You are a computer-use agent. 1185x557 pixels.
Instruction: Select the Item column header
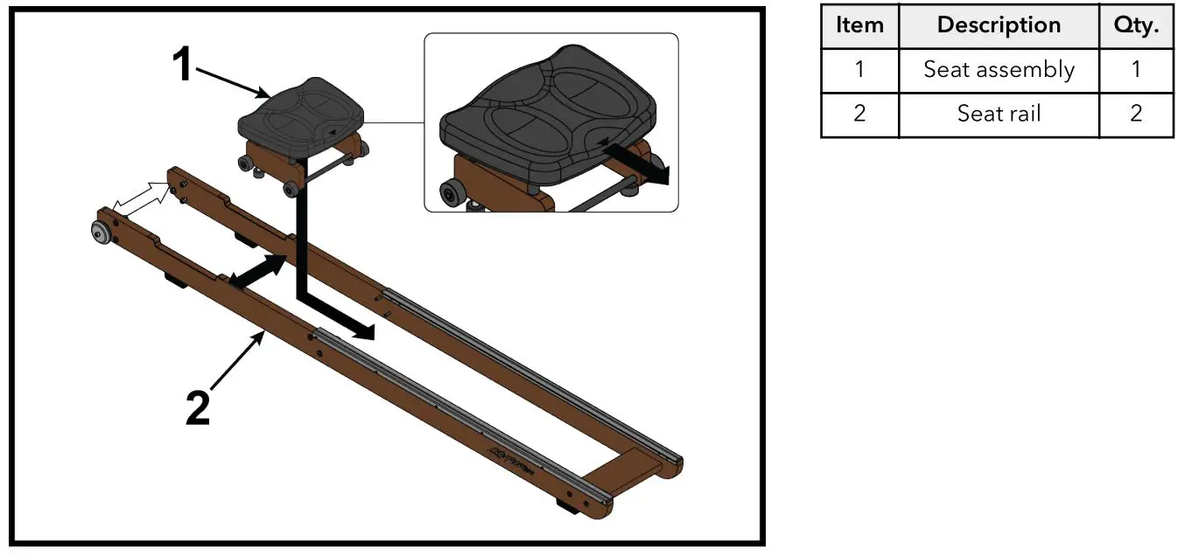point(859,25)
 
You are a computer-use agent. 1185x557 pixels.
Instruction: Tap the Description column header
point(999,25)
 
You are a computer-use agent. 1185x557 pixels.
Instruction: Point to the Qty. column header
point(1136,25)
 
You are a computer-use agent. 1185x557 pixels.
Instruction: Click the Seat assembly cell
point(999,70)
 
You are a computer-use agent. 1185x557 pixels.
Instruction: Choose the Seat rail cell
point(999,114)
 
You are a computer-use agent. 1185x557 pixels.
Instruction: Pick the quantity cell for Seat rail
point(1136,114)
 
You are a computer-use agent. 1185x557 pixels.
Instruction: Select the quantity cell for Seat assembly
point(1136,70)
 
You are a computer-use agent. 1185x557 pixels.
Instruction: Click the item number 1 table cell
point(859,70)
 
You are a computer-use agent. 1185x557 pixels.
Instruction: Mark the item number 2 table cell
point(859,114)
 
